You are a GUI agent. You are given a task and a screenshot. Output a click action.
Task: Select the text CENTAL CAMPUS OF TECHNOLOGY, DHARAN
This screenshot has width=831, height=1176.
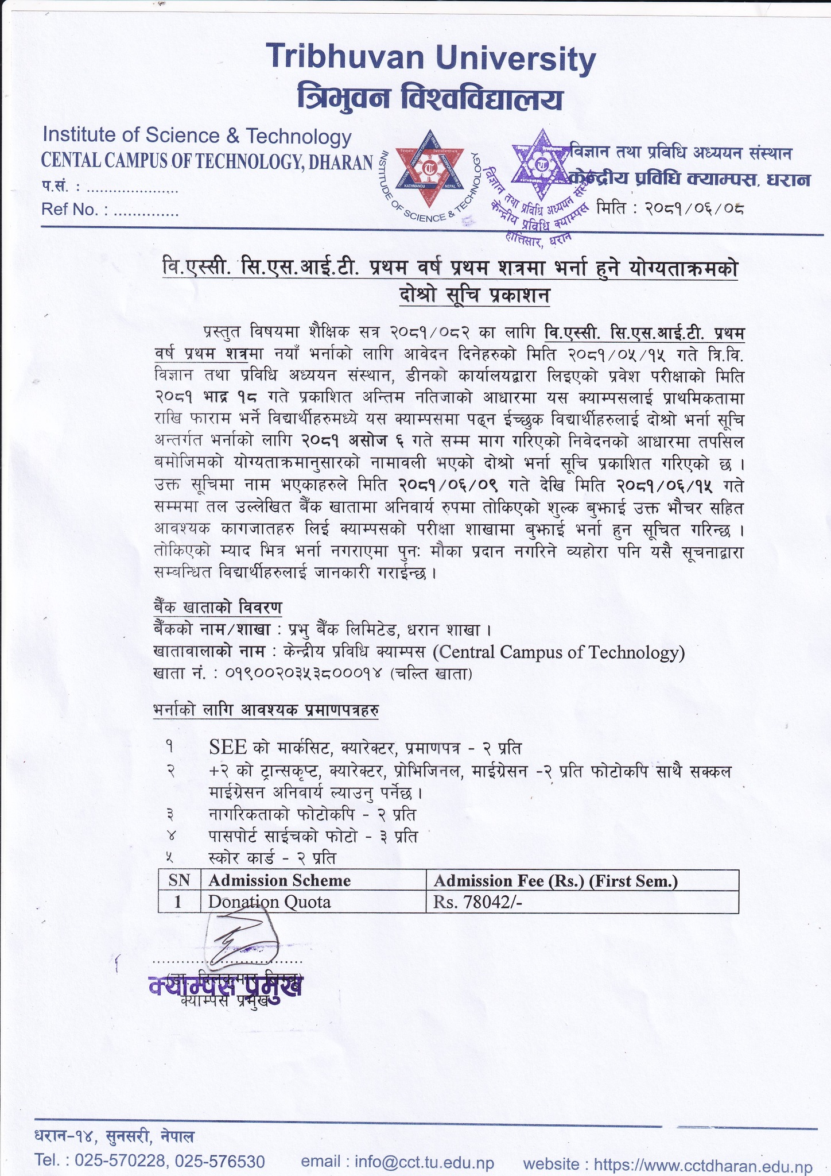pos(207,163)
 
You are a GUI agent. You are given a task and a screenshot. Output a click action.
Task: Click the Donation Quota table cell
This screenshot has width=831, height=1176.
pos(269,902)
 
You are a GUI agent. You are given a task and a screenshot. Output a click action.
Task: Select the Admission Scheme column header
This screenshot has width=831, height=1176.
pos(279,881)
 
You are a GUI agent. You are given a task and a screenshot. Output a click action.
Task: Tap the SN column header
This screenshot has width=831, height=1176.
pos(178,881)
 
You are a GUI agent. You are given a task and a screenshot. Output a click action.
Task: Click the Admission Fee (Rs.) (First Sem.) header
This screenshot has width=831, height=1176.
pos(556,881)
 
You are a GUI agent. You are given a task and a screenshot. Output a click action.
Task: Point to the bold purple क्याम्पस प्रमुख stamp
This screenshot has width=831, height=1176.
pos(225,987)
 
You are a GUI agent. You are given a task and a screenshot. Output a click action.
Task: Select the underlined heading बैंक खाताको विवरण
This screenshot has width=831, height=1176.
pos(218,607)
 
